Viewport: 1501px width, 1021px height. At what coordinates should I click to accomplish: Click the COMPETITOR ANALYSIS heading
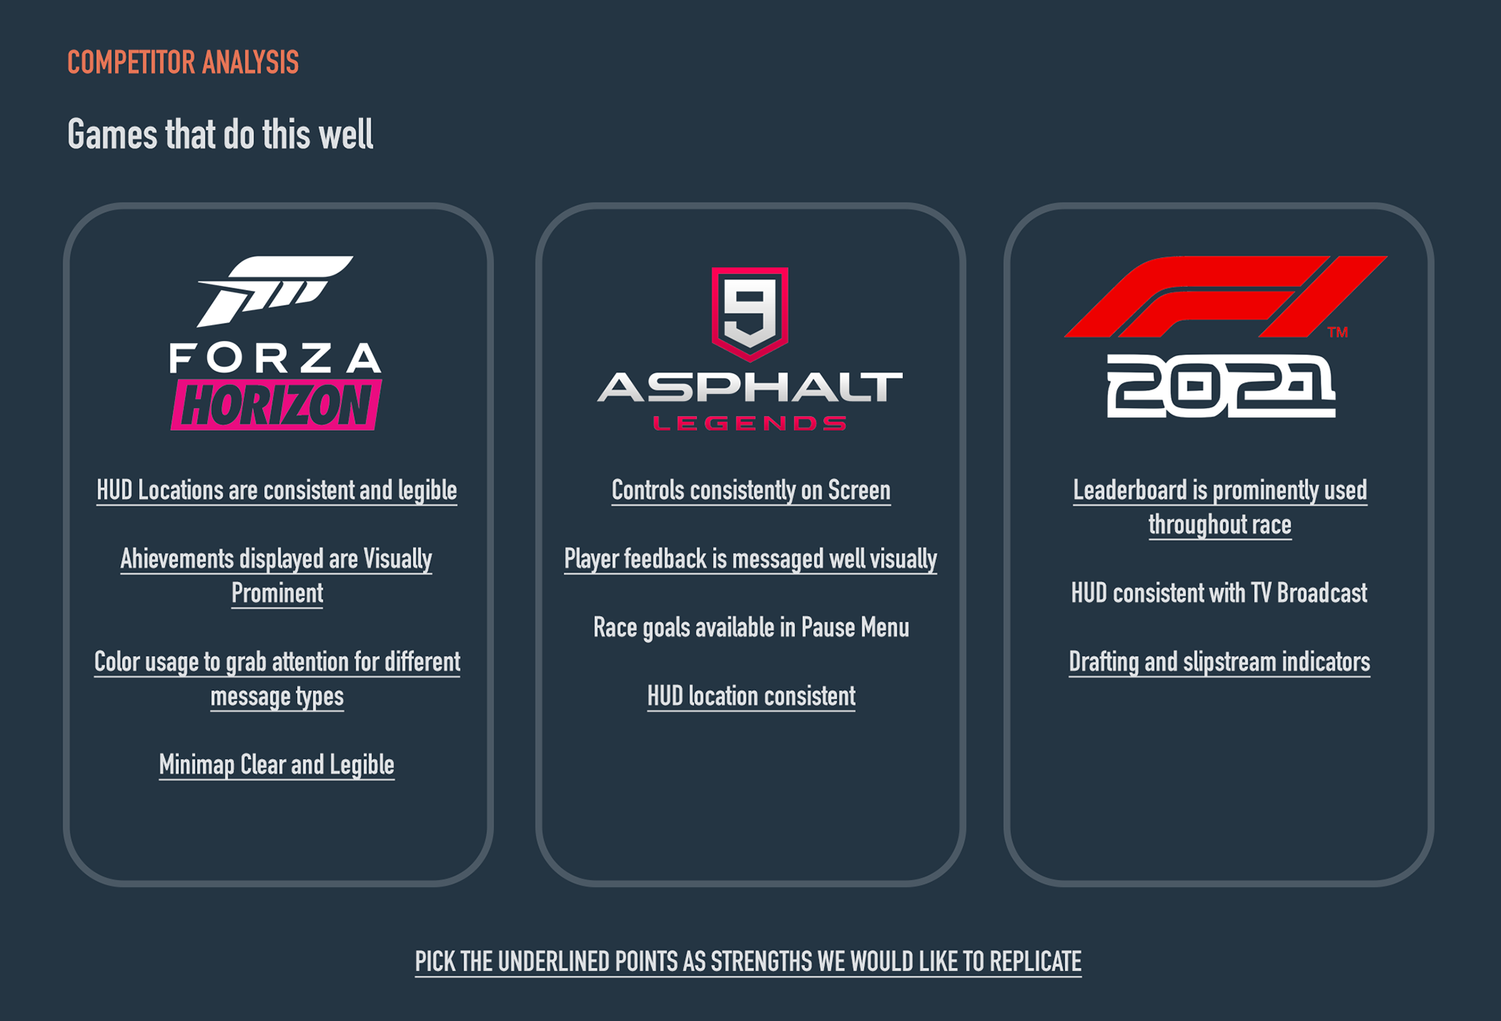(x=183, y=63)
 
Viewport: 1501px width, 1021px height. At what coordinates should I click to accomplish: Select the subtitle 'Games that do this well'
(x=220, y=134)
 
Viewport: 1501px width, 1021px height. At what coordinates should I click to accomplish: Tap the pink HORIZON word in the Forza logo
(x=277, y=405)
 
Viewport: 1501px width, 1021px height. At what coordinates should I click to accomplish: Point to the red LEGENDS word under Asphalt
(x=750, y=424)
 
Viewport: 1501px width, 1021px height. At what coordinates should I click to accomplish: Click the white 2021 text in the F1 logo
(x=1220, y=385)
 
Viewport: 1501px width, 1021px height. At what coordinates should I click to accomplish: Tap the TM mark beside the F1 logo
(x=1338, y=332)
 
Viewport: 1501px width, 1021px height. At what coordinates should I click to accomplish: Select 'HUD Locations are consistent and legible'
(x=277, y=490)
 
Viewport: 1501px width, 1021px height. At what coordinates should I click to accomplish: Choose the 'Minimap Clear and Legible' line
(x=277, y=765)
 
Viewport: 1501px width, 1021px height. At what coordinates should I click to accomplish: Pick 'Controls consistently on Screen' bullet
(x=750, y=490)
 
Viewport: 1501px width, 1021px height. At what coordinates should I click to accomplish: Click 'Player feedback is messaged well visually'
(x=750, y=559)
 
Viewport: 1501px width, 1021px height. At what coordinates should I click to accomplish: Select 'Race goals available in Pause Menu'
(x=750, y=628)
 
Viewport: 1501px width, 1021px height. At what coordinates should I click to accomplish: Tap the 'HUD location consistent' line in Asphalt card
(x=750, y=696)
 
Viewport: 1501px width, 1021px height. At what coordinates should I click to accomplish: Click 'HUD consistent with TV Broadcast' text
(x=1219, y=593)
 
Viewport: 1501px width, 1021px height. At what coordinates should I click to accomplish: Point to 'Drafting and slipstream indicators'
(x=1219, y=662)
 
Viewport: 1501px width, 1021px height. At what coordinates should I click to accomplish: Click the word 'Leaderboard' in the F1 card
(x=1130, y=490)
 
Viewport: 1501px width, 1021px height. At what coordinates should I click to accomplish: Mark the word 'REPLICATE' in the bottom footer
(x=1035, y=962)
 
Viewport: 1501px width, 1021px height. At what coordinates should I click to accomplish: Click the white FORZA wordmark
(x=275, y=359)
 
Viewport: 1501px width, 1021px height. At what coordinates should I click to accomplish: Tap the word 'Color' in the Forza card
(x=116, y=662)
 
